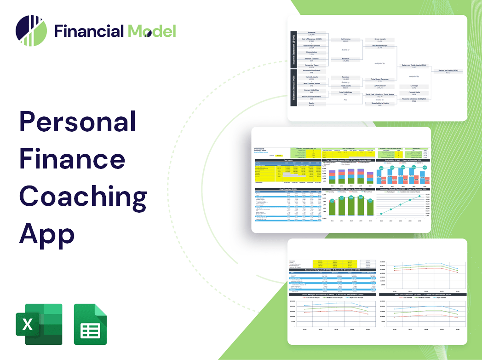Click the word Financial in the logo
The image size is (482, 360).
(89, 31)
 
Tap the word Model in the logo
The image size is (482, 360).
(152, 31)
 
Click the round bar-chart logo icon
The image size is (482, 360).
(31, 31)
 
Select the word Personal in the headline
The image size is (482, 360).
(78, 123)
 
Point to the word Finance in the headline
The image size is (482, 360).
(72, 160)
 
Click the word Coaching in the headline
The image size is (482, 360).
(83, 197)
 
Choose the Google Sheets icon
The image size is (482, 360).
(90, 324)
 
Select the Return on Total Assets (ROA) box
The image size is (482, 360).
(413, 66)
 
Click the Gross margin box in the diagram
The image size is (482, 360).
(379, 41)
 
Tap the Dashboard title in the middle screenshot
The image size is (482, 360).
(260, 149)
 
